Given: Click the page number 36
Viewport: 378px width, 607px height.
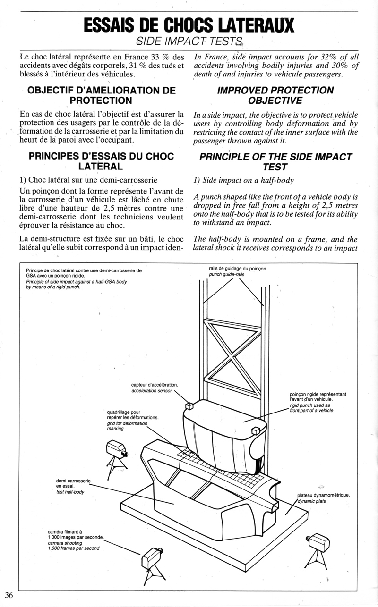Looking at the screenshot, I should click(x=9, y=595).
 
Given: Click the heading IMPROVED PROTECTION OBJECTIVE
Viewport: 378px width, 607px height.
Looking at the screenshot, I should click(x=275, y=95).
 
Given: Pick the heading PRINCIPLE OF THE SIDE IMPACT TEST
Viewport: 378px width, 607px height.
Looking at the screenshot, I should click(x=275, y=161).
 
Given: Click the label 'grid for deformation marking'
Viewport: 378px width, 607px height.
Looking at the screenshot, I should click(x=128, y=426).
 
